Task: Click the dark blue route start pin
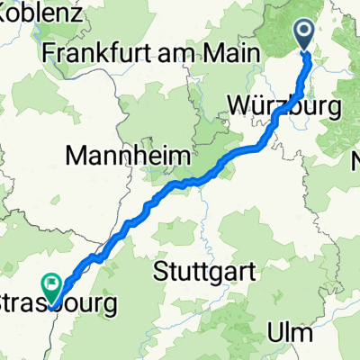304,36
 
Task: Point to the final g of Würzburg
334,109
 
